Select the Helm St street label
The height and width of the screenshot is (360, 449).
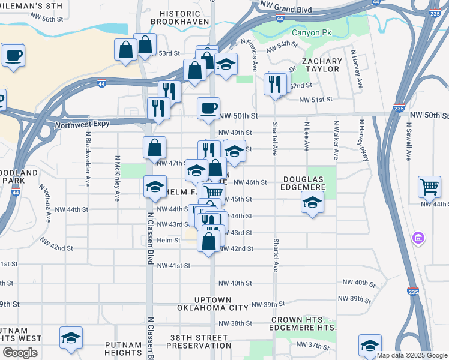[169, 240]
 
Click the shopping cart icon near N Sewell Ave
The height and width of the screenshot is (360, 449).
[429, 187]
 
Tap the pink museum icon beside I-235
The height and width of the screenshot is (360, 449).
[418, 239]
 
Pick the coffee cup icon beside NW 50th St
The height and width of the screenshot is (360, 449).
[208, 109]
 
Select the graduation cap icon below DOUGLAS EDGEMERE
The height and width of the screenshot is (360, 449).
[312, 203]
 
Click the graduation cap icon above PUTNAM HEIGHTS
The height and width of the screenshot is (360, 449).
[71, 338]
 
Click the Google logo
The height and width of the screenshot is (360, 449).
[20, 353]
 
